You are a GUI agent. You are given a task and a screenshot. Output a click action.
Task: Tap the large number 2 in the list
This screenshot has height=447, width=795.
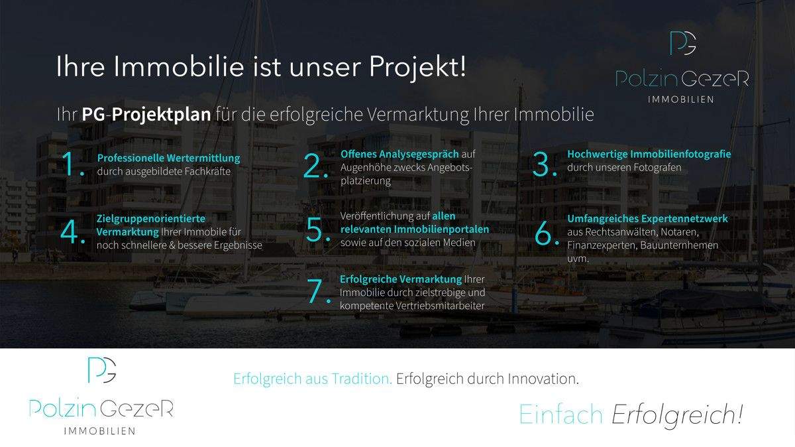[x=315, y=166]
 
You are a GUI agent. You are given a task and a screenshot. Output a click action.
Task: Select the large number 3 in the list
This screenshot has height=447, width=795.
[x=544, y=164]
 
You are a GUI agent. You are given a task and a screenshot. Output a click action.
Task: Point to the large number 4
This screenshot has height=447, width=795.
[x=71, y=232]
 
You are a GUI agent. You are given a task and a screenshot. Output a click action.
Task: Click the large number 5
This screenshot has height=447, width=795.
[x=317, y=230]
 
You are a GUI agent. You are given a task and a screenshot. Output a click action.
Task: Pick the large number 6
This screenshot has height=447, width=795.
[x=544, y=232]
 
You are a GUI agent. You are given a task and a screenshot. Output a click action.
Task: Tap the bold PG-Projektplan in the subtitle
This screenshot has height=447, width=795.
[x=146, y=114]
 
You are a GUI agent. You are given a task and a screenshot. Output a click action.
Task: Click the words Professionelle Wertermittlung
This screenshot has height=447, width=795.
[x=168, y=159]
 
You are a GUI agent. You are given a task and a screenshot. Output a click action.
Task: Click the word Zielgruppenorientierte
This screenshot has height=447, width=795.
[x=150, y=218]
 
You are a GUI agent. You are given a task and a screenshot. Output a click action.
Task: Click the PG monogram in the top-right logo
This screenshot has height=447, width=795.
[x=682, y=44]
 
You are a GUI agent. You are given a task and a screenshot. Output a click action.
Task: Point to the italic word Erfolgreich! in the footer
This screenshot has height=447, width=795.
[x=676, y=415]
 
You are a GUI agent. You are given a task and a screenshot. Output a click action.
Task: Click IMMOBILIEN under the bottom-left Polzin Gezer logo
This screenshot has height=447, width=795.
[x=100, y=431]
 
